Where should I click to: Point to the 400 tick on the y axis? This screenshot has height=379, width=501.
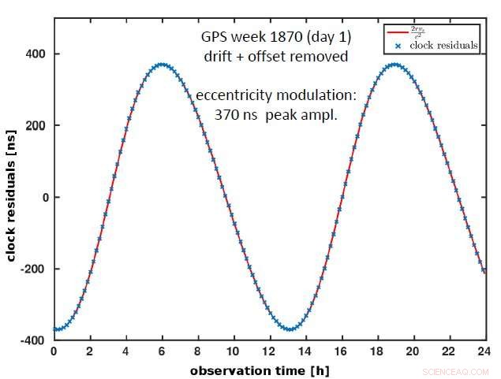tap(35, 54)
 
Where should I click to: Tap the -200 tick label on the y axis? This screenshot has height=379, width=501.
tap(32, 269)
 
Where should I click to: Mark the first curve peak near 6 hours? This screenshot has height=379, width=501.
tap(161, 65)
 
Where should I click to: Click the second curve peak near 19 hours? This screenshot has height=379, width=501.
tap(394, 65)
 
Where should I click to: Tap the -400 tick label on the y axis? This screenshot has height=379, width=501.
tap(32, 340)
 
